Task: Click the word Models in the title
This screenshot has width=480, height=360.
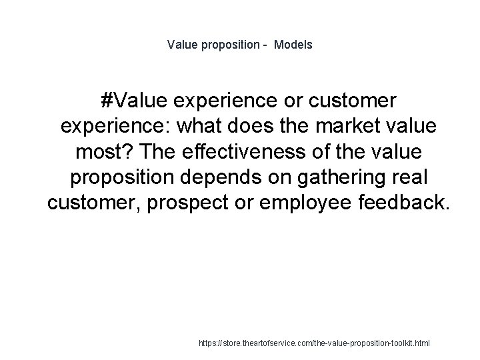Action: [x=295, y=45]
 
